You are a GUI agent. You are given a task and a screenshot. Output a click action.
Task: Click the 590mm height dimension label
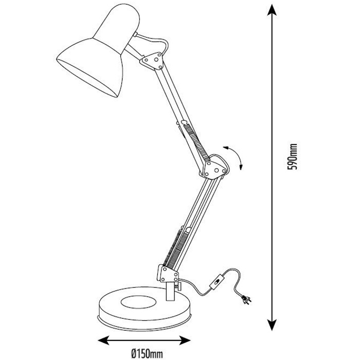pyautogui.click(x=292, y=157)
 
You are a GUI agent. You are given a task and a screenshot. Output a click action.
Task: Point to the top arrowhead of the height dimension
pyautogui.click(x=272, y=10)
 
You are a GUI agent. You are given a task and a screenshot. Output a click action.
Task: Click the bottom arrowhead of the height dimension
pyautogui.click(x=272, y=324)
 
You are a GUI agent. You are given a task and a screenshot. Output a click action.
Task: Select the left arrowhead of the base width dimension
pyautogui.click(x=104, y=340)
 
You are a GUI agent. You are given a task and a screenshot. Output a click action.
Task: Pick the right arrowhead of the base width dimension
pyautogui.click(x=185, y=340)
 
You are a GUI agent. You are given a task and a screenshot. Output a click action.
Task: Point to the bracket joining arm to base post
pyautogui.click(x=169, y=274)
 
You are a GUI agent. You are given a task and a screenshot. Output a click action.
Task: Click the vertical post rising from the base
pyautogui.click(x=170, y=291)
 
